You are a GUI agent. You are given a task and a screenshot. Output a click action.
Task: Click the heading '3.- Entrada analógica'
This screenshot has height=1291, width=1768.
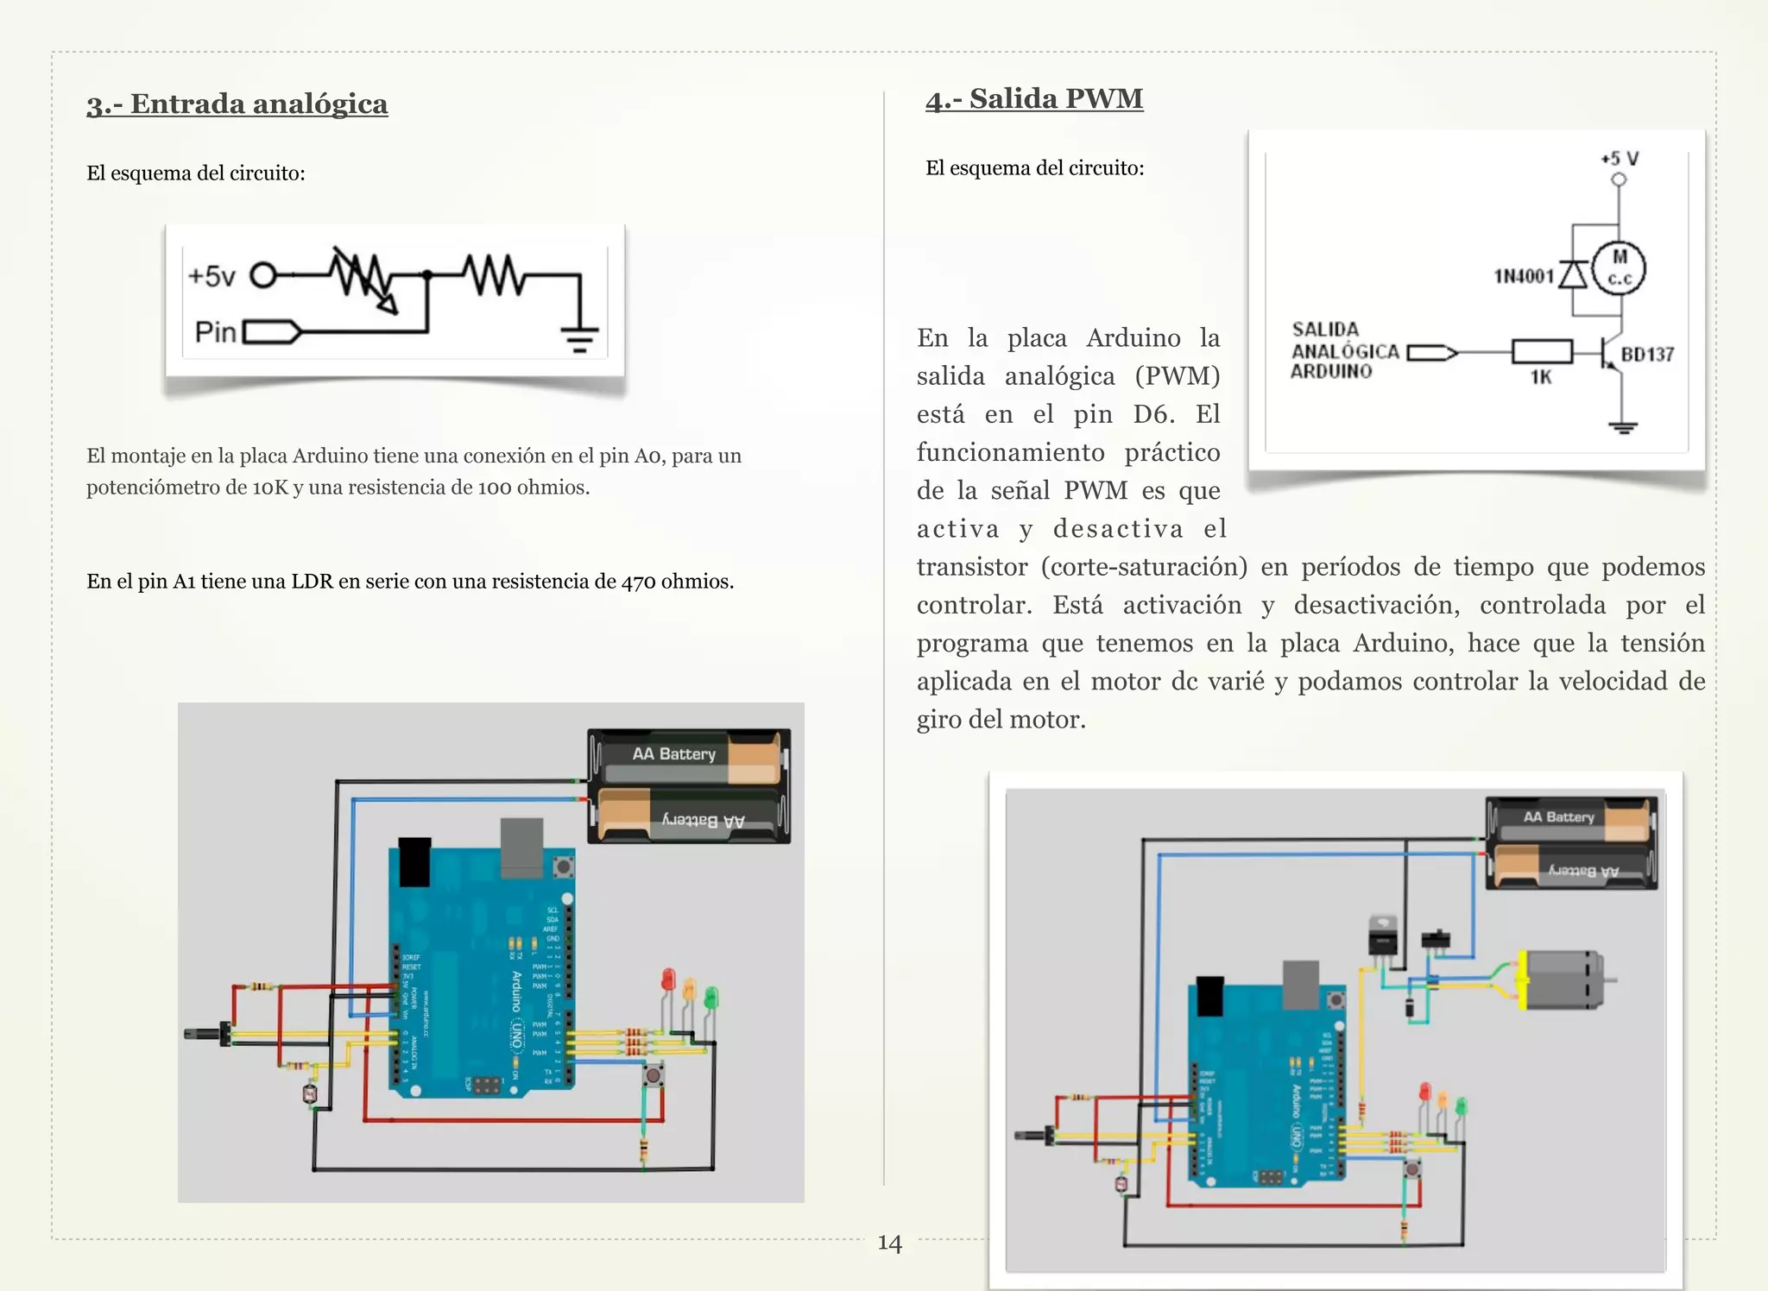coord(237,104)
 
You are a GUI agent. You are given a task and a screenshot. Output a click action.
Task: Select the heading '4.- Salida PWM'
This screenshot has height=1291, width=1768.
coord(1033,98)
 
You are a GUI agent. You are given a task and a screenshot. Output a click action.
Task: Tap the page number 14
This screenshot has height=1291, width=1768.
coord(889,1243)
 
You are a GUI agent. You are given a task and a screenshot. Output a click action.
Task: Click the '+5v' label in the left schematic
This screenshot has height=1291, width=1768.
coord(212,276)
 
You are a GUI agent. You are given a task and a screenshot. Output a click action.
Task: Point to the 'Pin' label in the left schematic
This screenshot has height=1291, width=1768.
coord(215,332)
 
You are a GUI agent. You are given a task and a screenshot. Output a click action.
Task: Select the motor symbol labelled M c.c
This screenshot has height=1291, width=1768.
coord(1619,268)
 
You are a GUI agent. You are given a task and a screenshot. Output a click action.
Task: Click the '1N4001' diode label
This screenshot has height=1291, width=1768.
coord(1524,276)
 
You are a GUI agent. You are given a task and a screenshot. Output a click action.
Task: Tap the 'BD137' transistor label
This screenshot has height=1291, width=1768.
coord(1647,355)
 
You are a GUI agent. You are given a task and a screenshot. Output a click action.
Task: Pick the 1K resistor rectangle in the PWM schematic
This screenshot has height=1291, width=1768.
coord(1541,351)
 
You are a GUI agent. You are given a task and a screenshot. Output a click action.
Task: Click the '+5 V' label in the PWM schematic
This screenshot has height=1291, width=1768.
coord(1619,159)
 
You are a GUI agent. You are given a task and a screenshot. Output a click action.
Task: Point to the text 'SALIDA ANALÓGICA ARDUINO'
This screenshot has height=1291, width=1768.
coord(1344,351)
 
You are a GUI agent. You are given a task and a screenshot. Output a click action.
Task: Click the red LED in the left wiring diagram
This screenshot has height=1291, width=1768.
coord(668,979)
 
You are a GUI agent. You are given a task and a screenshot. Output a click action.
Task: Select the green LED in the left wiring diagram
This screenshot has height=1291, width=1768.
coord(711,998)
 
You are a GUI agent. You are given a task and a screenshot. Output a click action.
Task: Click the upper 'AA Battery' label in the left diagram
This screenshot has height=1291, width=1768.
coord(673,754)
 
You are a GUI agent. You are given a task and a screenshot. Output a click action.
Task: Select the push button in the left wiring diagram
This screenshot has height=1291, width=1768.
coord(654,1074)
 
